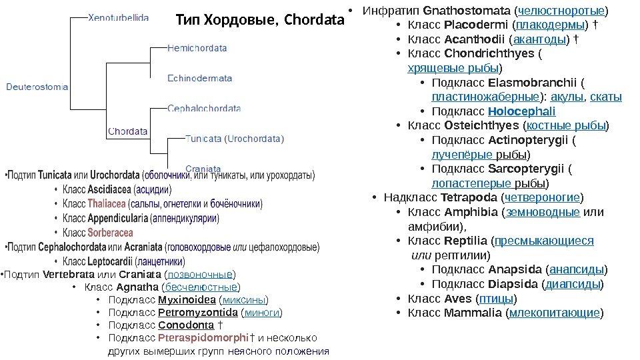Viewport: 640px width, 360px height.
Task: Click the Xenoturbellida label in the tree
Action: click(x=119, y=17)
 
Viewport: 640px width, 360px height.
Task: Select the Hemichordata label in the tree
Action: click(x=197, y=48)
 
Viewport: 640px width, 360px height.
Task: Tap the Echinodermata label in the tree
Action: click(x=199, y=78)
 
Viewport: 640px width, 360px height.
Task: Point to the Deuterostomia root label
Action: click(x=37, y=86)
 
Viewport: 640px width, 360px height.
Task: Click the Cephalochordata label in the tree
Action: click(x=204, y=108)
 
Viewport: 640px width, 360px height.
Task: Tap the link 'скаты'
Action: click(x=606, y=97)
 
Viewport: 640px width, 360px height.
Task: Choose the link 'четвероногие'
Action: click(x=543, y=197)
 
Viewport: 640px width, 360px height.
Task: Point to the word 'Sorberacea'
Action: click(x=110, y=233)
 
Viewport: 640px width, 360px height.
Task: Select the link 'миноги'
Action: click(x=261, y=312)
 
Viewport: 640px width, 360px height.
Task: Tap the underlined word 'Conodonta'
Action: click(x=187, y=325)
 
